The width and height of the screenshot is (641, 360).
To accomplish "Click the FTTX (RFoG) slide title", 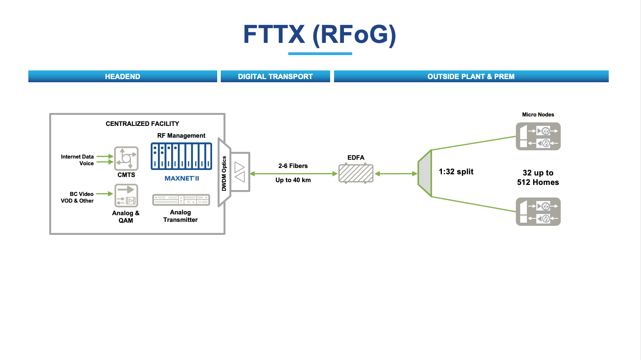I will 320,35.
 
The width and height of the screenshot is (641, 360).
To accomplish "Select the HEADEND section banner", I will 122,76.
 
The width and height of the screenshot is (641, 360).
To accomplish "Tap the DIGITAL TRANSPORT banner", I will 275,76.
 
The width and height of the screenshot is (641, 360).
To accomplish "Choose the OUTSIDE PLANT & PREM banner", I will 471,76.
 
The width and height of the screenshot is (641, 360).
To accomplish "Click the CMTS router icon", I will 126,159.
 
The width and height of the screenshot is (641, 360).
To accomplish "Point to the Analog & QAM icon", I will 126,196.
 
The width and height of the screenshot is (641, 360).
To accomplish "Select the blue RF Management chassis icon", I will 181,156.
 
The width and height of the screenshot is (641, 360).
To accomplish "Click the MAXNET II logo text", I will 182,178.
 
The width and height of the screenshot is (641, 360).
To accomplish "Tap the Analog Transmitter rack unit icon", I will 181,200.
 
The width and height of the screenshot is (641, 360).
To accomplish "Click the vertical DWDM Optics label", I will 224,174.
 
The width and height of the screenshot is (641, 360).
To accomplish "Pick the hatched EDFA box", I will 356,174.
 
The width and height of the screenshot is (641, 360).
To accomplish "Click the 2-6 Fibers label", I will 293,166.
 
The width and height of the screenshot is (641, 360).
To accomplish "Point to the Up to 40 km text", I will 293,180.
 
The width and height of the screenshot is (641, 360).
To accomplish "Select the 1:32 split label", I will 456,172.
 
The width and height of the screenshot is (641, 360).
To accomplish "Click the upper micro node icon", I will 538,137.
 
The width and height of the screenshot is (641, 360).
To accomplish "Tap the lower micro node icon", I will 538,212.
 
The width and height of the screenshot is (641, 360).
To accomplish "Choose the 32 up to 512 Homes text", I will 538,177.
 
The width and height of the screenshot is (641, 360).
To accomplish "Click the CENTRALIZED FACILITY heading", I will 142,124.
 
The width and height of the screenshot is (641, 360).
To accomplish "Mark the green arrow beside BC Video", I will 105,194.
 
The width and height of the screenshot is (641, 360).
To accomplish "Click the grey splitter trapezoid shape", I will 425,173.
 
